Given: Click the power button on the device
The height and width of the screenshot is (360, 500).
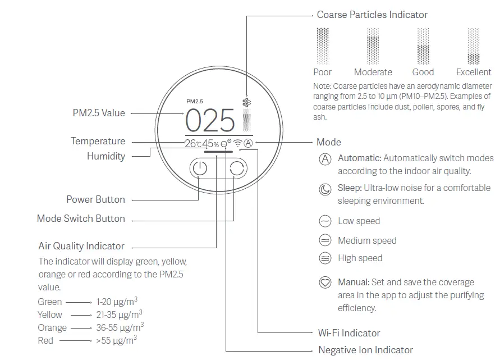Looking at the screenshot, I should tap(199, 168).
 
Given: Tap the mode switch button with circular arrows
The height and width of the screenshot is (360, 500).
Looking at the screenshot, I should tap(237, 168).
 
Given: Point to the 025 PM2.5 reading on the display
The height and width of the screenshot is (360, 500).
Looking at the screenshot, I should tap(210, 120).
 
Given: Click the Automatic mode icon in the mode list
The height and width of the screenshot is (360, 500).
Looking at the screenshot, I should tap(325, 159).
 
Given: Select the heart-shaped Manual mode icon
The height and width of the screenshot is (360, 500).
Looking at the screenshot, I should tap(325, 282).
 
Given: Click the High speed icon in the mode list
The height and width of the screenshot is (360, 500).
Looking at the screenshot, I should tap(325, 258).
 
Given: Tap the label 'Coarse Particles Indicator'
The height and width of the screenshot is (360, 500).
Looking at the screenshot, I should tap(372, 15).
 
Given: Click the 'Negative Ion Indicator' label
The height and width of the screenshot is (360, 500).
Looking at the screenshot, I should tap(365, 350).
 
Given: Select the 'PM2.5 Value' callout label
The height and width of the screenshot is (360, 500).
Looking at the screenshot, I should tap(99, 113).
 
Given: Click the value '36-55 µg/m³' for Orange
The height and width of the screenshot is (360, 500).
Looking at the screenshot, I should tap(120, 327).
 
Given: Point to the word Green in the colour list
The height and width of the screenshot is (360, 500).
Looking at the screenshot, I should tap(50, 302).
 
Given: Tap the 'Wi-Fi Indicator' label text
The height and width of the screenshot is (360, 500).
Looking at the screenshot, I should tap(348, 333).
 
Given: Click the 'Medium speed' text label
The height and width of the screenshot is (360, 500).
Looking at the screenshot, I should tap(367, 240).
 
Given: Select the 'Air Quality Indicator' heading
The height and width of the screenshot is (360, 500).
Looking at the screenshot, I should tap(81, 246).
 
